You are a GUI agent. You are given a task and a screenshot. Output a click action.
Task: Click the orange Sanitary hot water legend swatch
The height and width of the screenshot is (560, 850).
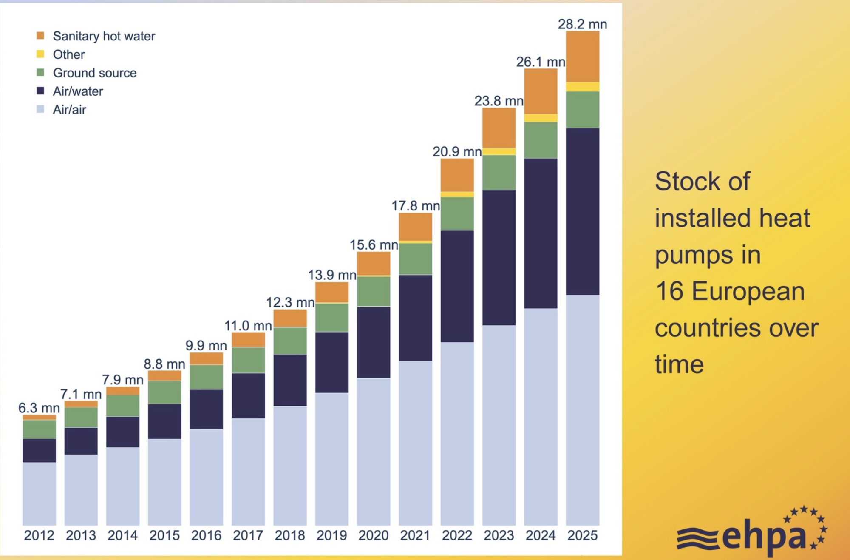(40, 36)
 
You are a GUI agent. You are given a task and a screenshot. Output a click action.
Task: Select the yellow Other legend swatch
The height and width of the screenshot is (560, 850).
(40, 54)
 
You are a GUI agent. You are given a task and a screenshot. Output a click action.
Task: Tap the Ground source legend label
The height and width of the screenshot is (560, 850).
(94, 73)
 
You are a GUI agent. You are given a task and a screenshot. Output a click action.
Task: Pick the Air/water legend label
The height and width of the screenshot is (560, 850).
(78, 91)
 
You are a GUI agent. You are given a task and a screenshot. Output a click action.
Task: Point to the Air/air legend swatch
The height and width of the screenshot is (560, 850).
(40, 109)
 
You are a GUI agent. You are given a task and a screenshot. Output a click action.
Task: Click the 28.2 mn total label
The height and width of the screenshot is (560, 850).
(582, 24)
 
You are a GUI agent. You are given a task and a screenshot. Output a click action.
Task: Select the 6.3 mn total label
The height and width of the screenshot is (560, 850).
(39, 408)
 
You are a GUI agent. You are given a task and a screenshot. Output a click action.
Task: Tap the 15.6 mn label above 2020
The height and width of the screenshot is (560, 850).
(374, 245)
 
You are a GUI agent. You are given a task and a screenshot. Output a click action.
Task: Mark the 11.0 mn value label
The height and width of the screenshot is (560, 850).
(248, 326)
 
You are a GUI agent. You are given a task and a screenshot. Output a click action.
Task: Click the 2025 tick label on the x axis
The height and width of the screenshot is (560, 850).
(582, 535)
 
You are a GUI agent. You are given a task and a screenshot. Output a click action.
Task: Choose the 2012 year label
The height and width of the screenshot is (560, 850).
(39, 535)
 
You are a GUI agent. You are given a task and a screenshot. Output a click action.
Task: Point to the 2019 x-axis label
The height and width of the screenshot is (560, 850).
(331, 535)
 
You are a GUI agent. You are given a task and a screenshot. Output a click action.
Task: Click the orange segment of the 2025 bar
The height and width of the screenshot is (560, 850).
(582, 57)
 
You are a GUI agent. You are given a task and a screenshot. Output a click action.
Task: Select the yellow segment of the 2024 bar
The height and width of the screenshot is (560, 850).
(541, 118)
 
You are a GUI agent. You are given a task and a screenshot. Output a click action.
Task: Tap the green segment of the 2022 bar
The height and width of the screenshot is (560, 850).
(457, 213)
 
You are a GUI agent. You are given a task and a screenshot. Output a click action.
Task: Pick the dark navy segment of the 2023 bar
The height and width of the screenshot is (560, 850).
(499, 257)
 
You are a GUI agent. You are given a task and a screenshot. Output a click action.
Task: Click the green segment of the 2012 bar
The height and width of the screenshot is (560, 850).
(39, 429)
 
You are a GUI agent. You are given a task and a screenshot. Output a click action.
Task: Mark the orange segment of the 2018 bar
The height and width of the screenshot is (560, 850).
(290, 318)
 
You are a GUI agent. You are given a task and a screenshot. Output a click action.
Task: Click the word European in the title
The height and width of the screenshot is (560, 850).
(748, 292)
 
